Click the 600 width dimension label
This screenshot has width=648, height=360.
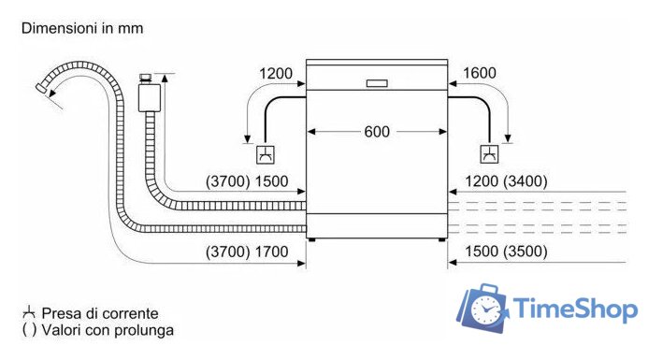pos(377,132)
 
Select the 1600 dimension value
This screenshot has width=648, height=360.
pos(480,73)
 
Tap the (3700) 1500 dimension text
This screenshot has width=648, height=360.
pos(247,181)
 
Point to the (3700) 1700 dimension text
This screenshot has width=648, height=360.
pos(247,252)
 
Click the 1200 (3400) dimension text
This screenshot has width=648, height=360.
pos(506,181)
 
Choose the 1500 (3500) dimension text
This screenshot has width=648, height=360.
pos(506,252)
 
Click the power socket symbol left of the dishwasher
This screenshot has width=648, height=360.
pos(266,154)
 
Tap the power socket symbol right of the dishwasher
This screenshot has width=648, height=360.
pos(489,154)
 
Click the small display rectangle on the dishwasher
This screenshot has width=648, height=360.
pos(377,83)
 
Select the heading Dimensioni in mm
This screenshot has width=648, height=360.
pos(82,28)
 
